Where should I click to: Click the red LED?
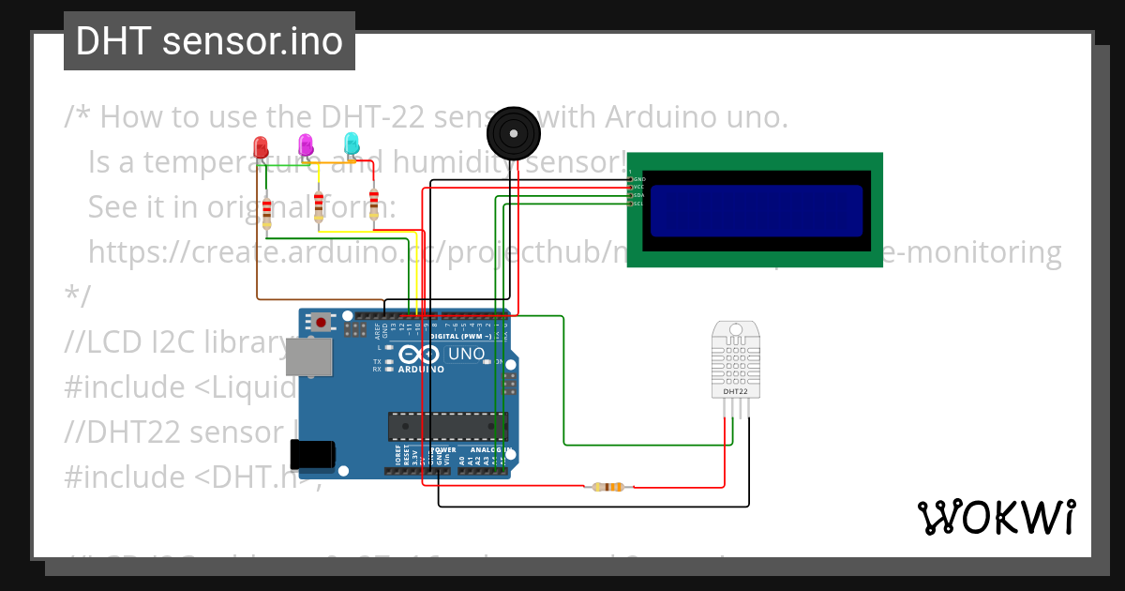point(262,147)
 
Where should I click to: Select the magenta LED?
point(306,144)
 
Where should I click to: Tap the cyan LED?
point(352,144)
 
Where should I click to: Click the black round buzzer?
point(514,131)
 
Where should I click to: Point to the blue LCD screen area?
point(756,210)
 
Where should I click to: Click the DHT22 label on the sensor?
point(735,391)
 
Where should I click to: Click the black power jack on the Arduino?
point(312,454)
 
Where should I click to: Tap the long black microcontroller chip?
point(448,427)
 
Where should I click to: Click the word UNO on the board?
point(466,354)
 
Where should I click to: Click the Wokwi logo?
point(996,517)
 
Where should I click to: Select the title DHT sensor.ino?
point(209,41)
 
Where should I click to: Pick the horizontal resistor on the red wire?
point(609,486)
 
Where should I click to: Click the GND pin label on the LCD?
point(639,178)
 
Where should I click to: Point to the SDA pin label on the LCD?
point(638,195)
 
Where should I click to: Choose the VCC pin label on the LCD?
point(638,187)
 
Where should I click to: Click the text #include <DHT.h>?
point(192,477)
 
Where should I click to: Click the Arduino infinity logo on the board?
point(417,355)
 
